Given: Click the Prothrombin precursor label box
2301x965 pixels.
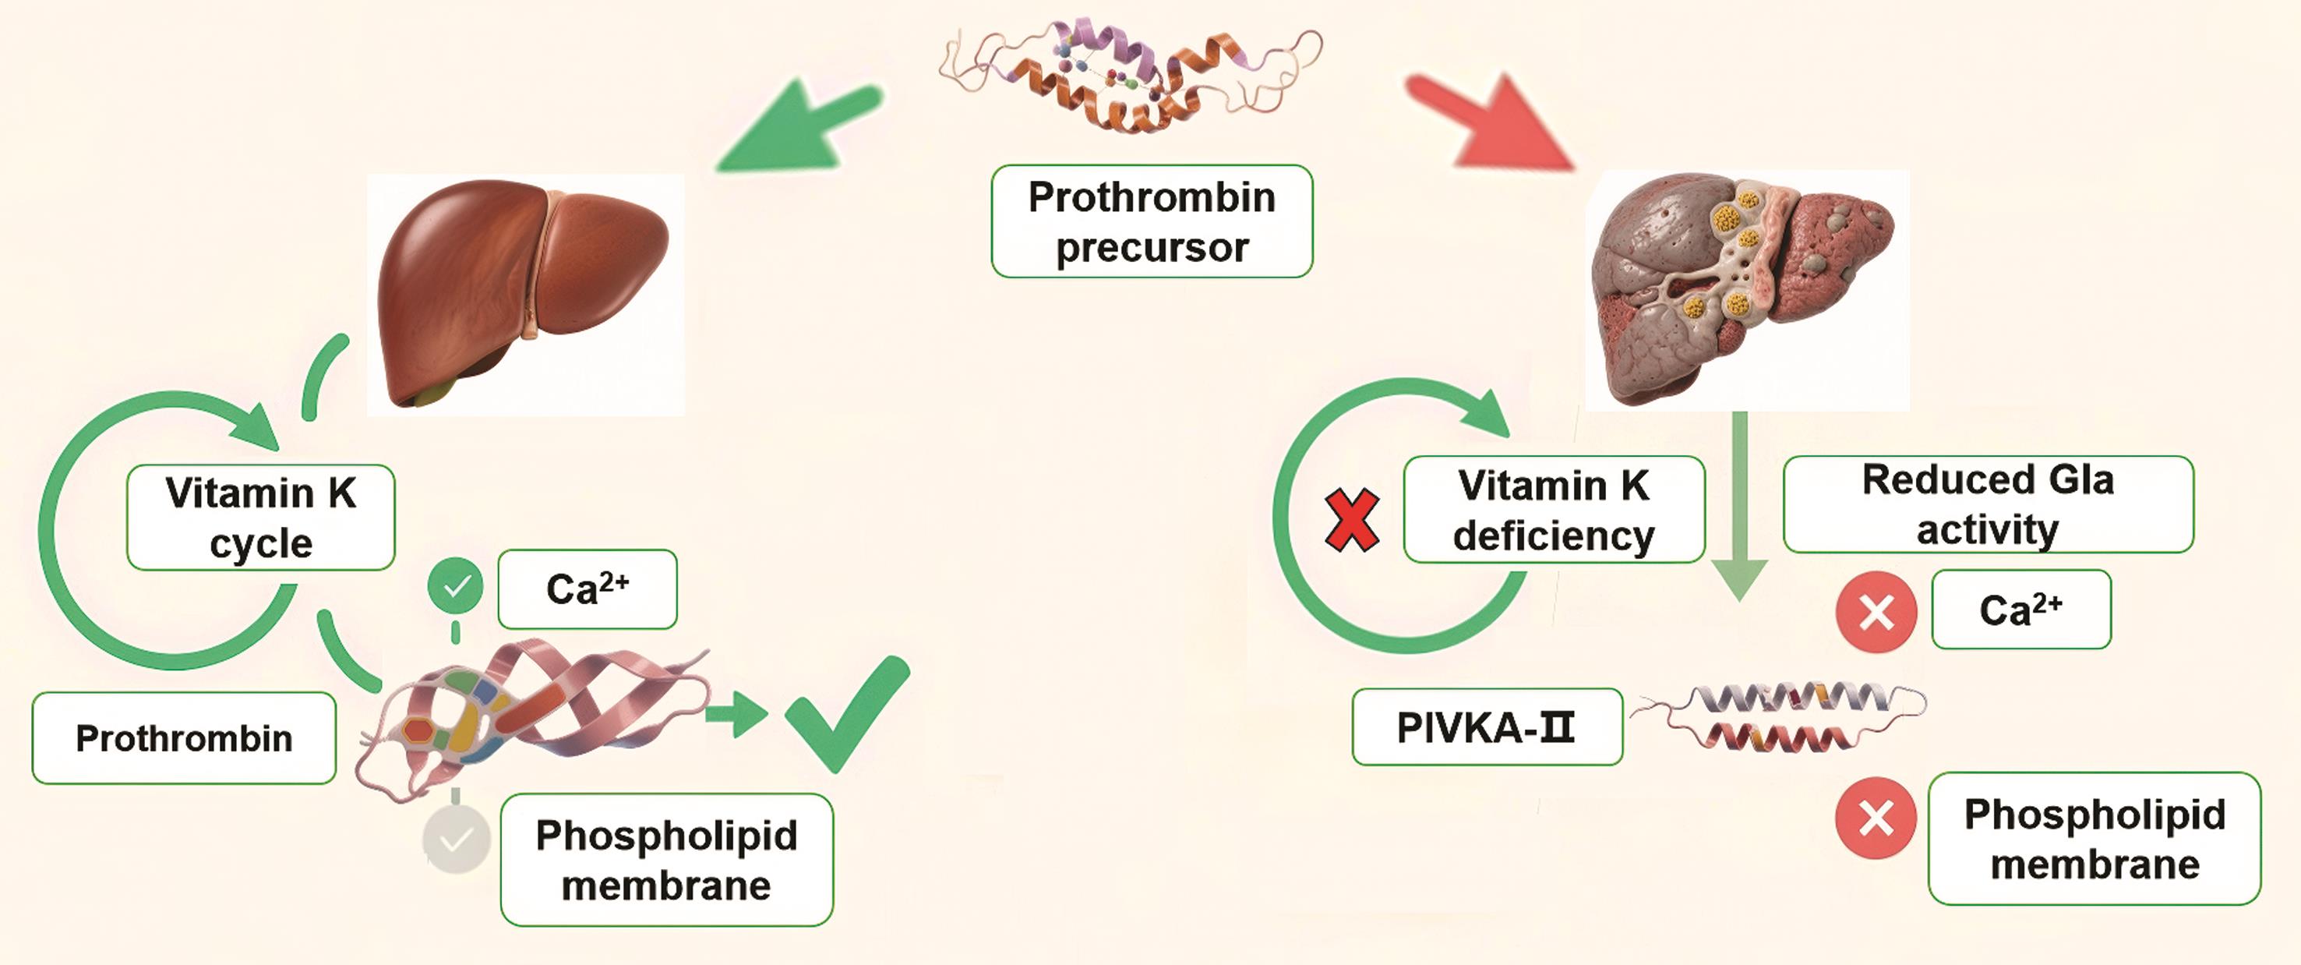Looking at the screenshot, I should click(x=1152, y=221).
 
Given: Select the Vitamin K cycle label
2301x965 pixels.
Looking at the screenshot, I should click(x=261, y=518).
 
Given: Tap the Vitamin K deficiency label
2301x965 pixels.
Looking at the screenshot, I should click(x=1554, y=509).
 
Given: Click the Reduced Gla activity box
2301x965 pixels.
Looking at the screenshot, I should click(x=1988, y=504).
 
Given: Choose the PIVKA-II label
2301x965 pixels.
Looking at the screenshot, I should click(x=1487, y=727).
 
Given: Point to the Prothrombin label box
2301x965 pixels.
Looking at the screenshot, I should click(x=184, y=738).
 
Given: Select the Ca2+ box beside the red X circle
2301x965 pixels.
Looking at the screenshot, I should click(x=2020, y=610).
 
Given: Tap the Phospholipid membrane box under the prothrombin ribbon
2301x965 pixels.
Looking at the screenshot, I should click(x=666, y=860).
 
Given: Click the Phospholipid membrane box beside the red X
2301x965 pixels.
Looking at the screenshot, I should click(x=2094, y=839).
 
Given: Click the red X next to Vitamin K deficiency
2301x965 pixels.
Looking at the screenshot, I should click(x=1351, y=520).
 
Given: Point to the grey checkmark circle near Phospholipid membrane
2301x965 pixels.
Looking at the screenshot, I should click(x=457, y=839).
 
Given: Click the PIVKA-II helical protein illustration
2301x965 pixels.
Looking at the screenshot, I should click(x=1777, y=716).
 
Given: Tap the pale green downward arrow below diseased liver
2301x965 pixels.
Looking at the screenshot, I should click(x=1739, y=509).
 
